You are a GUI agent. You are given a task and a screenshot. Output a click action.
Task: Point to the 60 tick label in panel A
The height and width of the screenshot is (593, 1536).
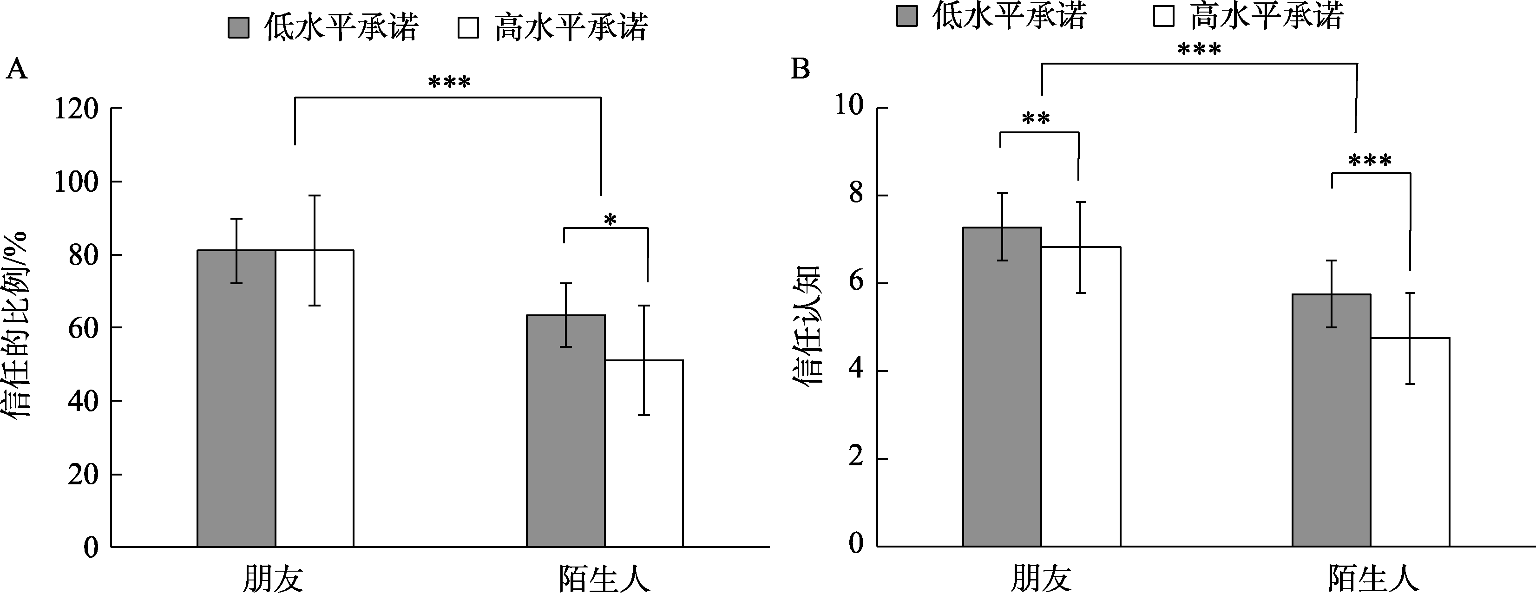click(83, 328)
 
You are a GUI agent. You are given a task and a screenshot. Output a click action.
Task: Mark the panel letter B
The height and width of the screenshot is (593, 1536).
click(800, 70)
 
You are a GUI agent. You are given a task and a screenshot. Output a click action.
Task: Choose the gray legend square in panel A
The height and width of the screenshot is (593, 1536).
click(238, 27)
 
